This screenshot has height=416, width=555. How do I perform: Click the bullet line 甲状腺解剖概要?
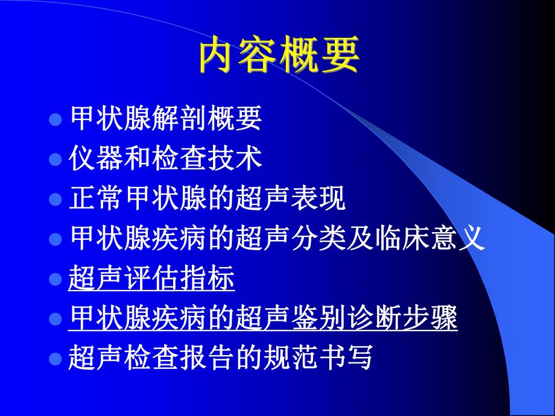(x=166, y=119)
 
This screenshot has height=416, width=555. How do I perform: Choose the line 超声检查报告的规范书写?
(x=221, y=359)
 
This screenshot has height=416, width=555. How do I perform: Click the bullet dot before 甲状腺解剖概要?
(x=55, y=119)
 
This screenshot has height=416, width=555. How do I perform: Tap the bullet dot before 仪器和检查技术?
(x=55, y=159)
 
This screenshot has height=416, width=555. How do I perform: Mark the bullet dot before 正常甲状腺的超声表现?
(x=55, y=199)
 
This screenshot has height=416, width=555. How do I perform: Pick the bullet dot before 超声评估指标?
(x=55, y=279)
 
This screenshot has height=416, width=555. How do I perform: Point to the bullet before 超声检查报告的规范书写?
(x=55, y=359)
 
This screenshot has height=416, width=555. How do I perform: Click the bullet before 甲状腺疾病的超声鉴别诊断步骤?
(x=55, y=319)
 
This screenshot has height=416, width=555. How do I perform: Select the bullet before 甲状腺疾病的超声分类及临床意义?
(x=55, y=239)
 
